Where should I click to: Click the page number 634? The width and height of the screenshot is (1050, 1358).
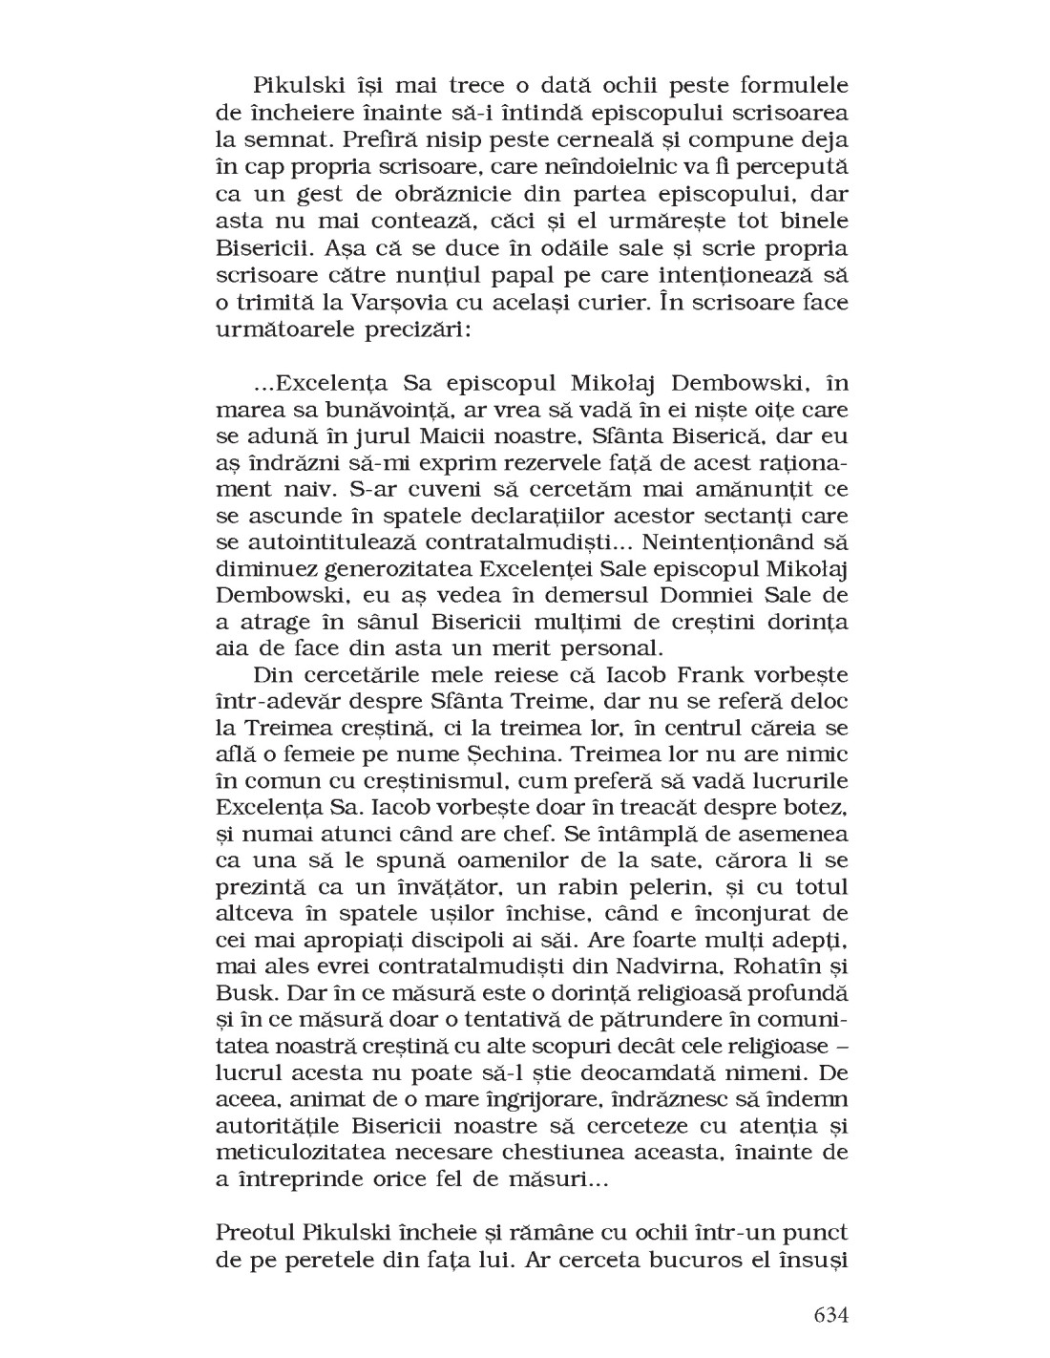(829, 1314)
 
